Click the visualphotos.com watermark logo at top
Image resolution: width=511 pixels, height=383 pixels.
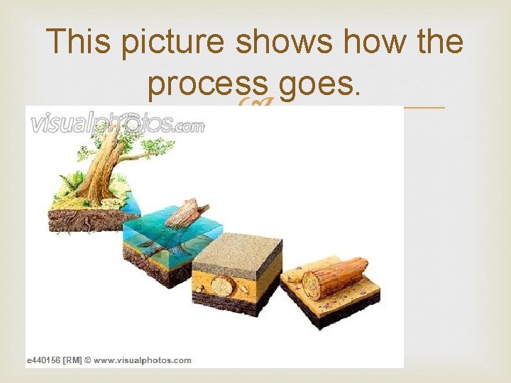[117, 125]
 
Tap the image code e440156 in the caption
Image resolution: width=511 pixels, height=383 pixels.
[47, 360]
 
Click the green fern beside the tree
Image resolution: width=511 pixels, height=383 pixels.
[71, 184]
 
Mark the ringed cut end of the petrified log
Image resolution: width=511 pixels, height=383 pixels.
[312, 284]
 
